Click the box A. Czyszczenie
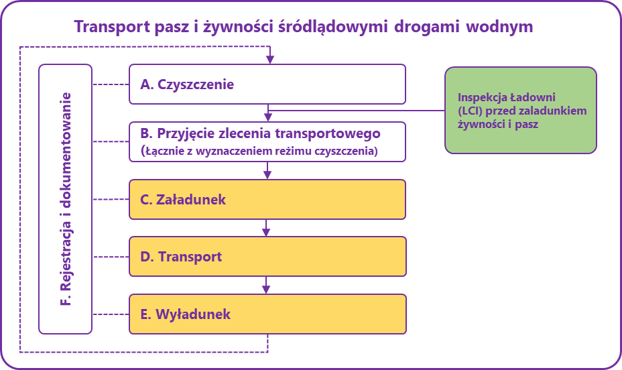(267, 84)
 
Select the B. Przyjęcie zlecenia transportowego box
(267, 141)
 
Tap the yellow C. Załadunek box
(267, 200)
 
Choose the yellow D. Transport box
(267, 257)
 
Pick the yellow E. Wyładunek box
(267, 314)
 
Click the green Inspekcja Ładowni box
(521, 111)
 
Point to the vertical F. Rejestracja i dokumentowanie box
(66, 199)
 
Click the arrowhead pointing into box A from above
(269, 60)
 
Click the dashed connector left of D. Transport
(111, 257)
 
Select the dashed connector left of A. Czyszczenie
(111, 84)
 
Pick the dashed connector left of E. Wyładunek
(111, 314)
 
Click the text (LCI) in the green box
(469, 111)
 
